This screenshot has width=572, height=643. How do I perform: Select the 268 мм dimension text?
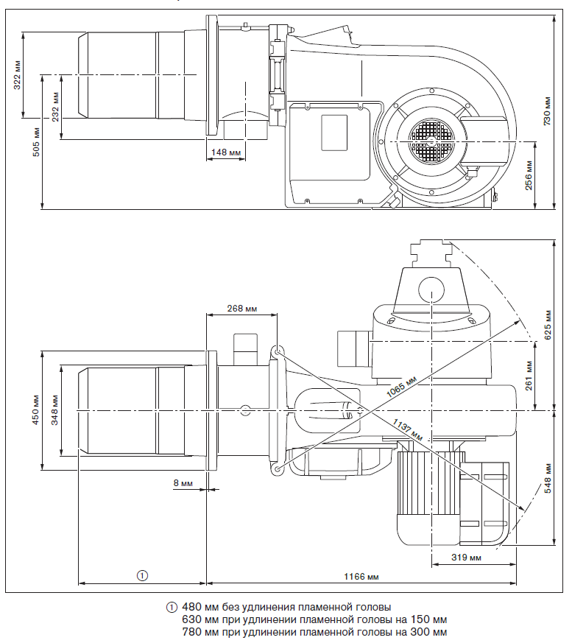[243, 308]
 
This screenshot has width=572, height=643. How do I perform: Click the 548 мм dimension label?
[547, 478]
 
